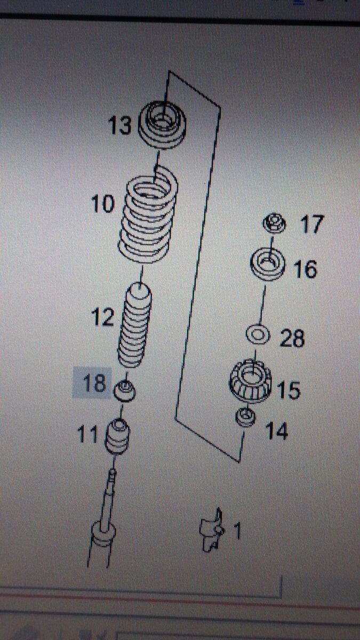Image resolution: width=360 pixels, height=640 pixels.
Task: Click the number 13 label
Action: click(119, 125)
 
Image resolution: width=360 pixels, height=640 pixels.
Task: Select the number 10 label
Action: click(102, 204)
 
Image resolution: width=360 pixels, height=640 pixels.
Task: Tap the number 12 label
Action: click(102, 317)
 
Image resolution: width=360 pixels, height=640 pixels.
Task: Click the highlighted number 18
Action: click(94, 383)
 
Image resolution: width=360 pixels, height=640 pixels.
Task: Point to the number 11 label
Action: click(87, 434)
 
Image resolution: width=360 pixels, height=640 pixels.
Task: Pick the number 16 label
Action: click(306, 269)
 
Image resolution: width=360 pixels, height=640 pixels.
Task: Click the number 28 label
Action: click(292, 338)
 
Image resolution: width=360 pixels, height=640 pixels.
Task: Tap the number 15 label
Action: click(289, 390)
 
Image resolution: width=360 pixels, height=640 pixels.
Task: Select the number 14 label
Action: click(276, 431)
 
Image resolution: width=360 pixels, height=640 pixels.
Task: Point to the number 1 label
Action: click(237, 531)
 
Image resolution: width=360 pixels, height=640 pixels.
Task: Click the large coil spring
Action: click(148, 215)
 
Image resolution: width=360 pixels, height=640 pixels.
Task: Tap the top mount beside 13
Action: click(162, 125)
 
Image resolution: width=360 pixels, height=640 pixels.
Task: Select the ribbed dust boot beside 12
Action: click(134, 325)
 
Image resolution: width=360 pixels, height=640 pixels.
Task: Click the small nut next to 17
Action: click(274, 223)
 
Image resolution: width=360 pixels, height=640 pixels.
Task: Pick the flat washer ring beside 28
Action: click(258, 334)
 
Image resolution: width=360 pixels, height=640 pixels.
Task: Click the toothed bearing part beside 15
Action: click(250, 382)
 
